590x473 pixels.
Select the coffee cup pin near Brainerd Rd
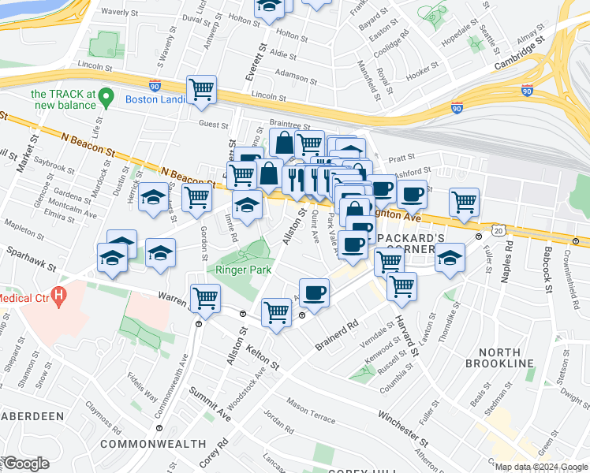[315, 292]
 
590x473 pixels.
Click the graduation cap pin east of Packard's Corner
[449, 257]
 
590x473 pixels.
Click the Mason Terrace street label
[311, 408]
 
